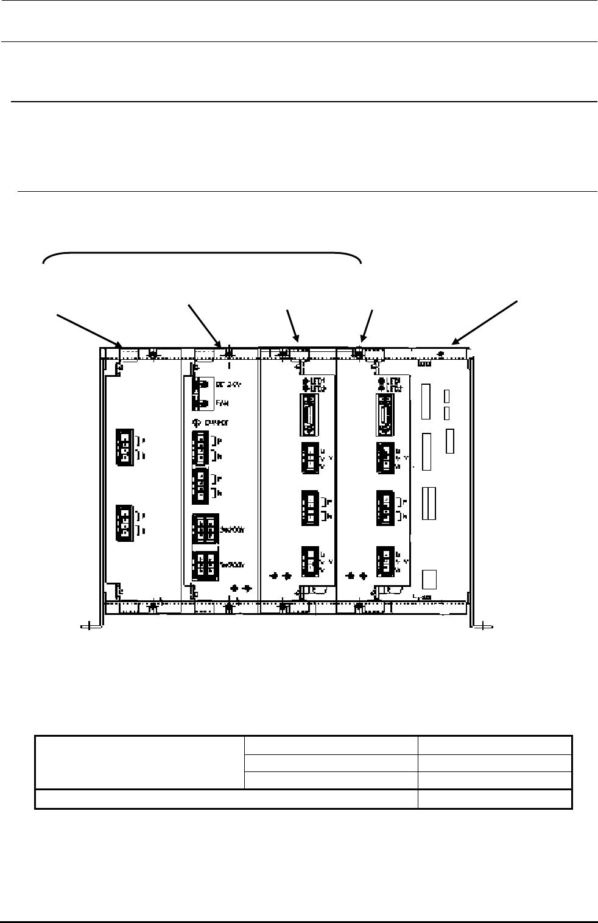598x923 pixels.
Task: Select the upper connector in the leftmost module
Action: click(x=124, y=446)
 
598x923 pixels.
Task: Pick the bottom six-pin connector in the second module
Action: click(x=205, y=566)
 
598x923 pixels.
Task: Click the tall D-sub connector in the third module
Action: click(x=309, y=415)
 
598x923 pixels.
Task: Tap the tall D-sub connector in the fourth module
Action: click(x=385, y=415)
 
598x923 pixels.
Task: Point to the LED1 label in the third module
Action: click(x=315, y=381)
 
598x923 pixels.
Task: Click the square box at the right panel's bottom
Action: click(x=429, y=579)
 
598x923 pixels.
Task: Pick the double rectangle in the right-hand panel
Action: click(x=429, y=504)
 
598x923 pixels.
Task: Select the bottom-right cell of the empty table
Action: click(x=494, y=799)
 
